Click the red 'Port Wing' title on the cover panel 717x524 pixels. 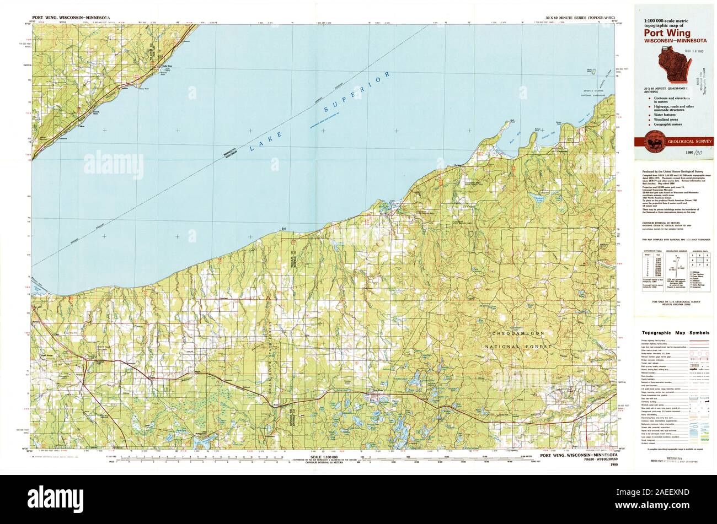pos(666,33)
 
